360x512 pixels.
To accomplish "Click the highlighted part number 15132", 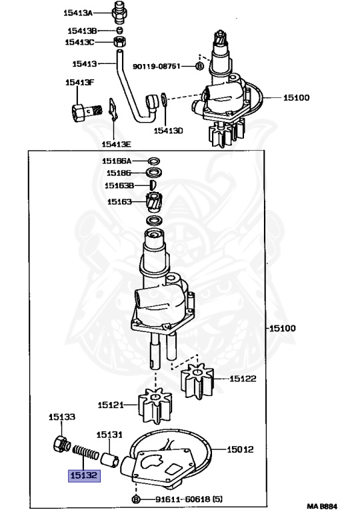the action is [84, 475].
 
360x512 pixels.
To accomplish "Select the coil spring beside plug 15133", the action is [85, 451].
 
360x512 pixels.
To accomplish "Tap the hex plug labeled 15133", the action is [61, 444].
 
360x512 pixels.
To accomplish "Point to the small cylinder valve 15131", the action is [110, 459].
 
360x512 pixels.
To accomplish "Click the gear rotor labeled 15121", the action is [155, 405].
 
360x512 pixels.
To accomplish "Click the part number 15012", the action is [240, 449].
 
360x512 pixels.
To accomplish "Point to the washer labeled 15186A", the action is [154, 161].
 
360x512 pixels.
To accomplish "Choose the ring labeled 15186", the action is [154, 172].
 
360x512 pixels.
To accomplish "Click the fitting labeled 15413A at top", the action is [119, 13].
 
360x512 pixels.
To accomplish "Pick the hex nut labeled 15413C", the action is [120, 42].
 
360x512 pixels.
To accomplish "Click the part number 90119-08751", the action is [157, 66].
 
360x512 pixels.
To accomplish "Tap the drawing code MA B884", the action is [322, 506].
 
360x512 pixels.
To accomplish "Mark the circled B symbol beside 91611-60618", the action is [137, 499].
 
